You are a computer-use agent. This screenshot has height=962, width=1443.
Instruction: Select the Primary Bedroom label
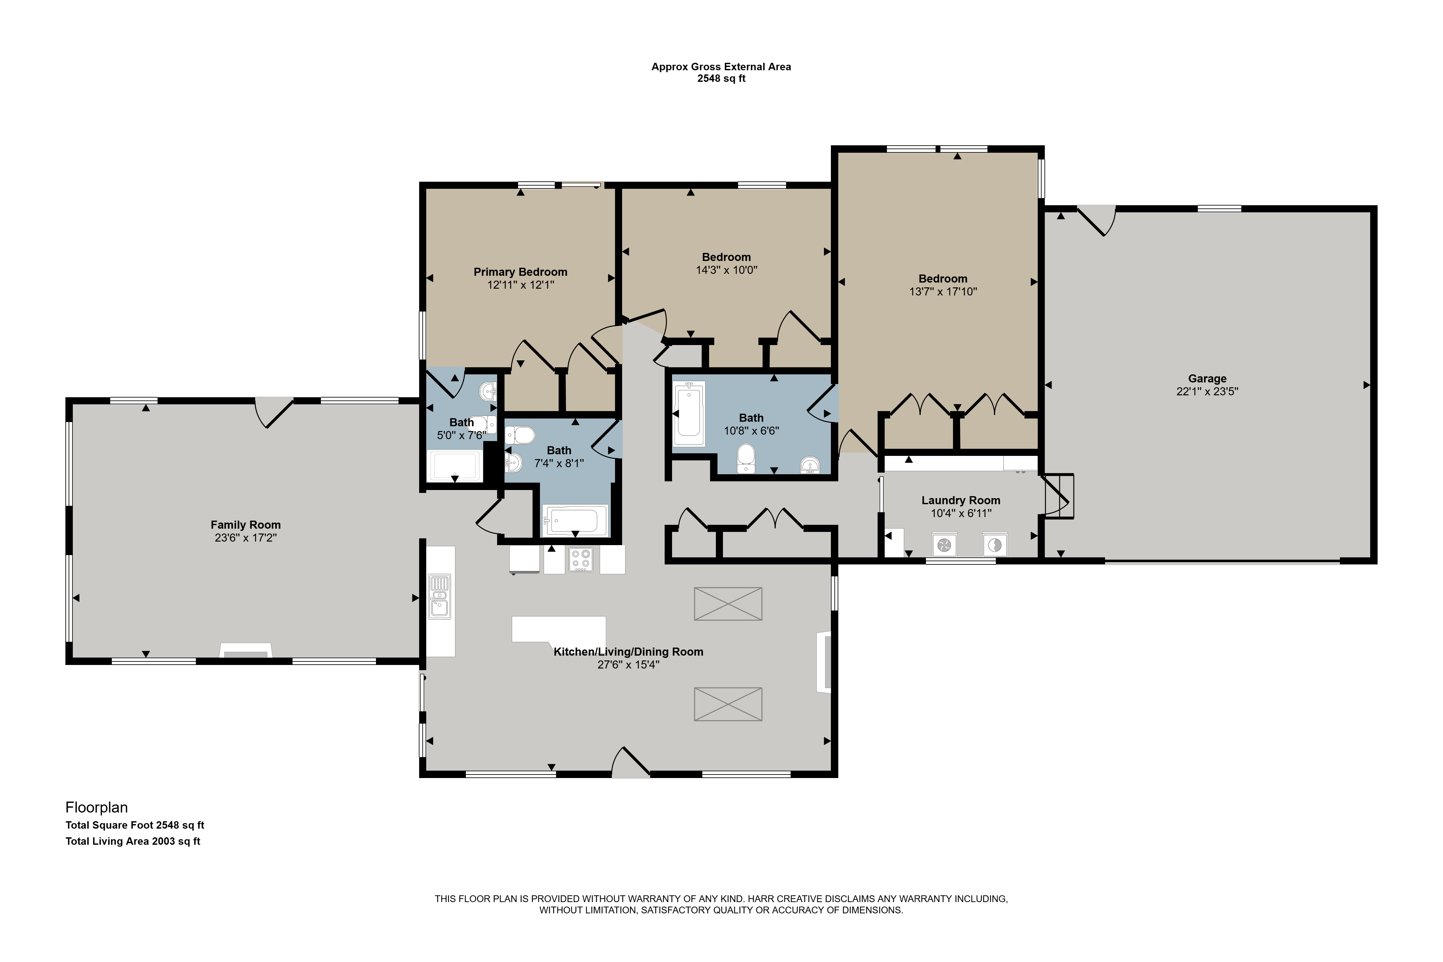[520, 272]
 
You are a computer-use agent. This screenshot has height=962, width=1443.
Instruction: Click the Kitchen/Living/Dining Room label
[628, 651]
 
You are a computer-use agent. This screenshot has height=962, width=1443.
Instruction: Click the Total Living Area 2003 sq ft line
[133, 841]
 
